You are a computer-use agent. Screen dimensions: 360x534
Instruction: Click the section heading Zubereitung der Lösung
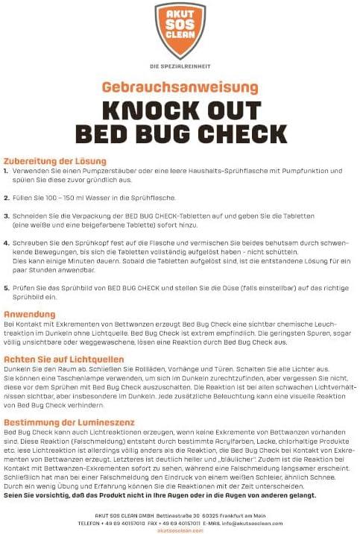pyautogui.click(x=55, y=161)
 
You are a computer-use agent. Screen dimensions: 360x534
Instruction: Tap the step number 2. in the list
pyautogui.click(x=7, y=198)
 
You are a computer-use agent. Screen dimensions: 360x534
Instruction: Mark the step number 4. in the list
pyautogui.click(x=7, y=243)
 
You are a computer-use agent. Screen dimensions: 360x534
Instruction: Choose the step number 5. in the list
pyautogui.click(x=7, y=287)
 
